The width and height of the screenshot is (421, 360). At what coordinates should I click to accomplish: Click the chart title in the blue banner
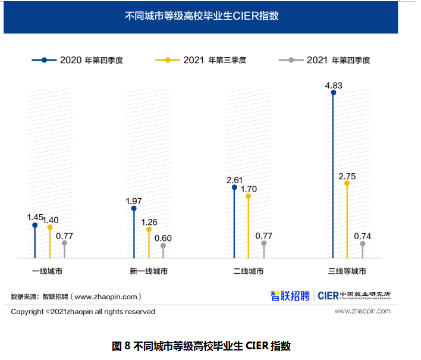point(202,16)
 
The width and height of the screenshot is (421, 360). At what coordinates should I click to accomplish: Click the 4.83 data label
point(333,85)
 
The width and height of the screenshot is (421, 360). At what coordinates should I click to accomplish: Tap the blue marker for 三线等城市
point(333,92)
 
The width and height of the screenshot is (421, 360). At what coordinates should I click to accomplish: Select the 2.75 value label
point(347,176)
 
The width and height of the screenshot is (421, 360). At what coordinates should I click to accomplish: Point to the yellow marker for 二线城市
point(249,196)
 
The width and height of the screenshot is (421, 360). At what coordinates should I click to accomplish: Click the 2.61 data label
point(234,180)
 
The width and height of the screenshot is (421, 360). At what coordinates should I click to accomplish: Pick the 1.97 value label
point(134,201)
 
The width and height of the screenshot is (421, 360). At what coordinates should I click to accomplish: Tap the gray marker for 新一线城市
point(163,245)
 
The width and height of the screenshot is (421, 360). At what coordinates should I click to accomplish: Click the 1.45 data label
point(35,217)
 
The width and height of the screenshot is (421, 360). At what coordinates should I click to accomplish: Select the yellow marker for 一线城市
point(50,227)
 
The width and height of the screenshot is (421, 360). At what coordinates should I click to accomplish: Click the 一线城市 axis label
point(48,271)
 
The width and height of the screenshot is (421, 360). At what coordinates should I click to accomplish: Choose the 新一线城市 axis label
point(149,271)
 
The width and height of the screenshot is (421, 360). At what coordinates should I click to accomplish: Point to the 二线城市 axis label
point(249,271)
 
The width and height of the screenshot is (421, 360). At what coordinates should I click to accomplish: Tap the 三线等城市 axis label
point(347,271)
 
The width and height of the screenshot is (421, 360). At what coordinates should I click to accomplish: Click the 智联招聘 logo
point(290,295)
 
